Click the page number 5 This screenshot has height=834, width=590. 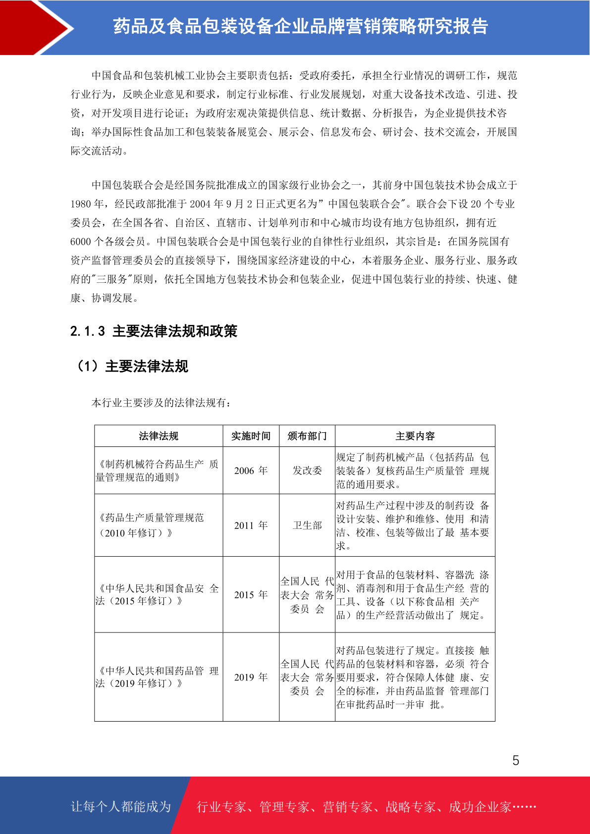point(516,761)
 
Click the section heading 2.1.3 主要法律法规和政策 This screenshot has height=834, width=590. point(154,331)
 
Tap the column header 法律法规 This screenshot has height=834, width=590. point(159,436)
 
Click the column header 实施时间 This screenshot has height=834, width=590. point(251,436)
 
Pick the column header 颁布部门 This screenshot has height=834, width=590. point(307,436)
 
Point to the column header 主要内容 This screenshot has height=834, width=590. point(415,436)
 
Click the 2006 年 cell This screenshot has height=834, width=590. point(251,470)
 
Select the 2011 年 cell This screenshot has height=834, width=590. point(251,525)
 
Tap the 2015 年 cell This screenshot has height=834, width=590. point(251,594)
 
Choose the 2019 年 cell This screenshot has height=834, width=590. point(251,677)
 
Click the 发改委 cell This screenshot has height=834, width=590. point(307,470)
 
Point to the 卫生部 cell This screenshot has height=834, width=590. point(307,525)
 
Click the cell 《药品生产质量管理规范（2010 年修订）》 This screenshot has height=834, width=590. point(151,525)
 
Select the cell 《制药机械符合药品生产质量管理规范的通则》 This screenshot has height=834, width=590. point(158,470)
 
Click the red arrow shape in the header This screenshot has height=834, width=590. point(30,27)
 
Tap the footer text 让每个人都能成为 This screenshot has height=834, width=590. point(121,807)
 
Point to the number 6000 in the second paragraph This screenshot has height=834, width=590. point(81,242)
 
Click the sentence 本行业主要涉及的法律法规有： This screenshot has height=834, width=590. point(161,403)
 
